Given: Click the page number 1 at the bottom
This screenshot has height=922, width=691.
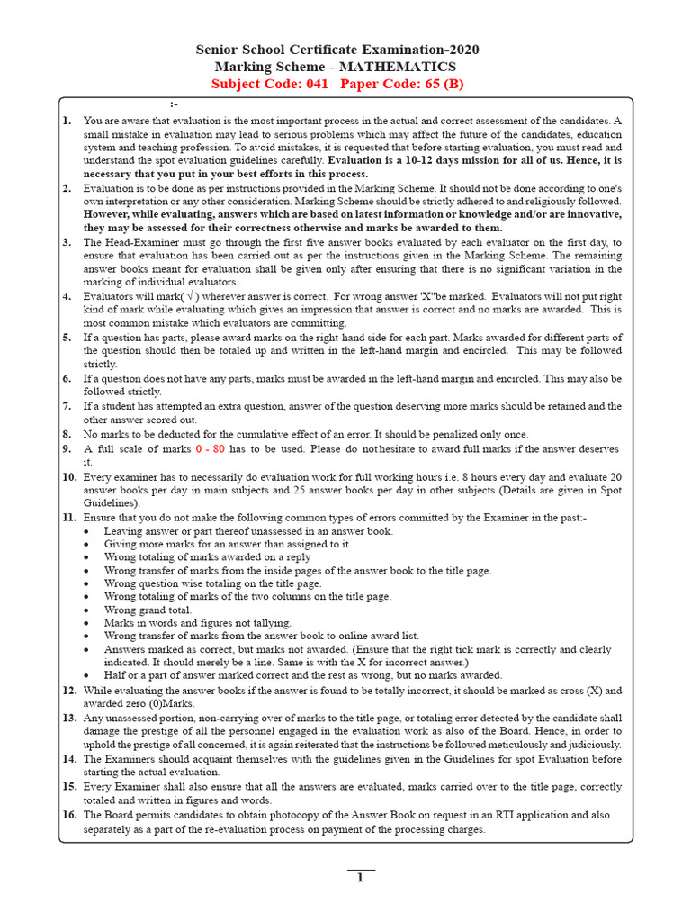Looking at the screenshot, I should [360, 880].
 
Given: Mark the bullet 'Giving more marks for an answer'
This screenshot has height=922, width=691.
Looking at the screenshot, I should [228, 544].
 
